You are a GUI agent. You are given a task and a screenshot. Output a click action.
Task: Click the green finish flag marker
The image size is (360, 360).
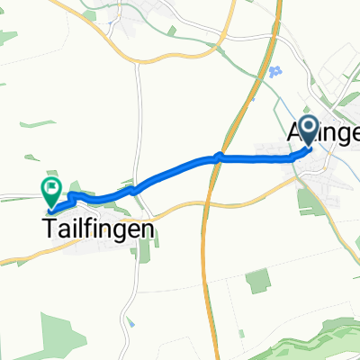51,190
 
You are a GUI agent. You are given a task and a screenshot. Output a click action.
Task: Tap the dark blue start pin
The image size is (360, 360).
308,132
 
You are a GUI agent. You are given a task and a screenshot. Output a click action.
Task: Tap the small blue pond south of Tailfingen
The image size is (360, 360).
131,322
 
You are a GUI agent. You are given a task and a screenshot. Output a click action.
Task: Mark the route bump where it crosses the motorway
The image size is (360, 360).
218,158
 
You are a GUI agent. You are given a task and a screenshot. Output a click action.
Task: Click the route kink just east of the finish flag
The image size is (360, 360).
72,194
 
